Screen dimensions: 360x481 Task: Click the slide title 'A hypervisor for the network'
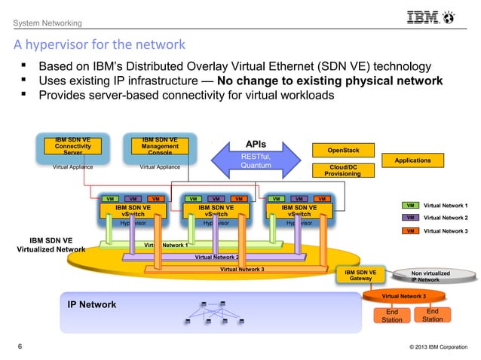click(99, 44)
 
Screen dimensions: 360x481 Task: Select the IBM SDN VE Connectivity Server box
click(72, 146)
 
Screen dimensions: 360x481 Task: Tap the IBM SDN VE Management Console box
click(160, 146)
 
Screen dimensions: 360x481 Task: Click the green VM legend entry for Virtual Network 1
click(409, 205)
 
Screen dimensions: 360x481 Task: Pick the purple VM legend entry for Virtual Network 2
click(409, 218)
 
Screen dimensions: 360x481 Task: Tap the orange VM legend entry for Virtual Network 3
click(409, 230)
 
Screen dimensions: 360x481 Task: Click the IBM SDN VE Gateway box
click(360, 275)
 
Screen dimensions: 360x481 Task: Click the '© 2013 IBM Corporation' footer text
click(431, 347)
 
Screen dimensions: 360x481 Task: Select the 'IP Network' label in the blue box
click(92, 305)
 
